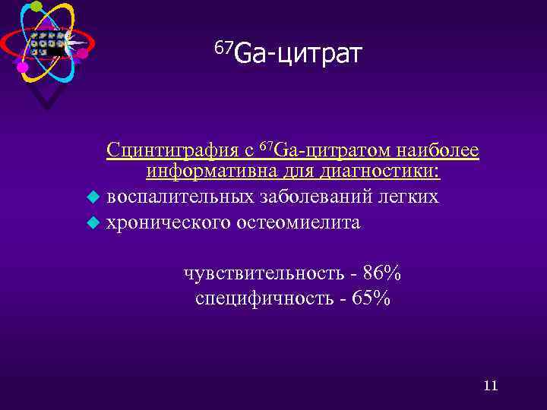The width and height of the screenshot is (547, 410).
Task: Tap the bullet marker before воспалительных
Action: point(92,198)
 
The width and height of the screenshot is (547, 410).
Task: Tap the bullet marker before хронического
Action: point(92,223)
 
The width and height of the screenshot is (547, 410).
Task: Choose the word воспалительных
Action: point(179,197)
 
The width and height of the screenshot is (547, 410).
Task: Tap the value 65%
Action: point(372,298)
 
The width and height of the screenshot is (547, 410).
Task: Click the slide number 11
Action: point(490,386)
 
